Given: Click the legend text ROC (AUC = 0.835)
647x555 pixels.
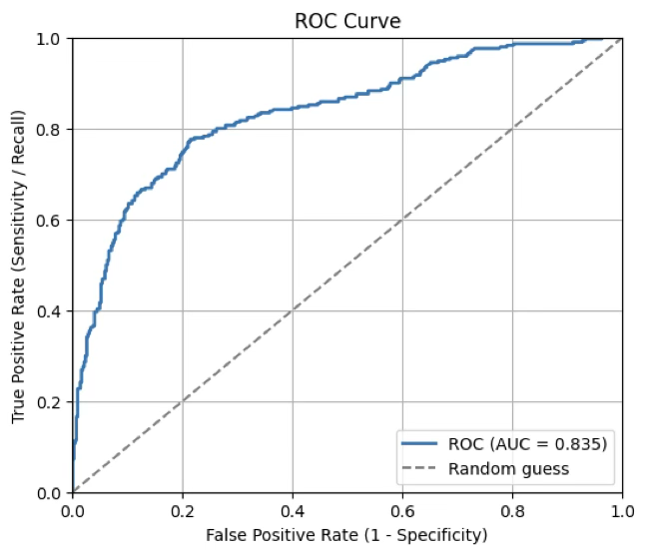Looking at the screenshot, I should (528, 443).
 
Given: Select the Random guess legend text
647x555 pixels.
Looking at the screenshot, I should (508, 468).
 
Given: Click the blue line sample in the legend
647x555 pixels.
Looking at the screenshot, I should (419, 443).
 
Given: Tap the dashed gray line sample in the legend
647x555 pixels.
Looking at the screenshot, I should (419, 468).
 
